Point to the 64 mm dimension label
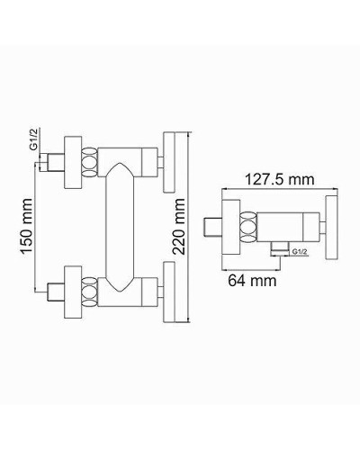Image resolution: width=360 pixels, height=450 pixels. click(251, 280)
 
